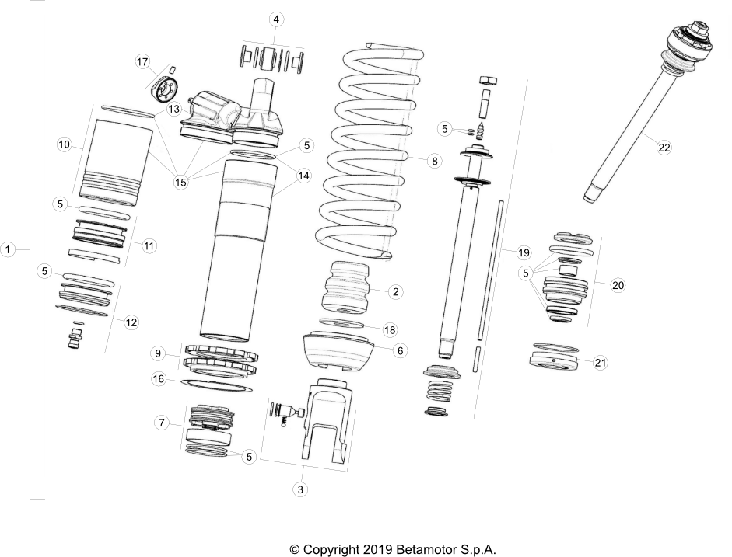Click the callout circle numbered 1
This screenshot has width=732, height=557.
(9, 250)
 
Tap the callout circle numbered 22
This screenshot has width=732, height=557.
(664, 148)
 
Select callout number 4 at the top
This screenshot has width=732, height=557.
(275, 19)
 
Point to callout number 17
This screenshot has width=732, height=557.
(142, 61)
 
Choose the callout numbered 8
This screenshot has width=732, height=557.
(434, 161)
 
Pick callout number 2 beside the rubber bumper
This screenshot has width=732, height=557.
(395, 292)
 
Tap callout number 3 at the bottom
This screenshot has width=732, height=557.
(299, 489)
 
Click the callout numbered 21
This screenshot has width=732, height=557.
(600, 362)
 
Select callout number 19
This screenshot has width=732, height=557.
(523, 253)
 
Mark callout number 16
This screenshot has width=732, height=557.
(158, 379)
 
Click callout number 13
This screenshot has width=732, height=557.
(174, 109)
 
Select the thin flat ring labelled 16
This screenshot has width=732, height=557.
(218, 384)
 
